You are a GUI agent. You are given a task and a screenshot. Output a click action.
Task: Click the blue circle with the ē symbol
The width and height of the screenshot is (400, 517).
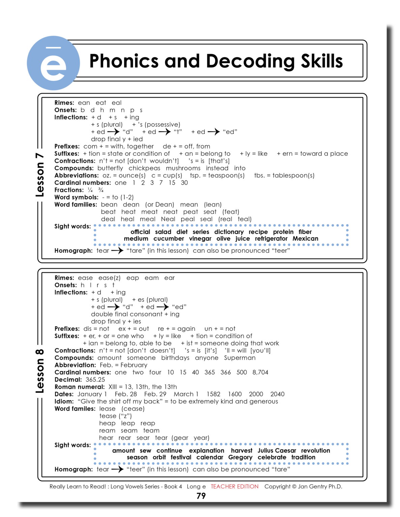point(53,63)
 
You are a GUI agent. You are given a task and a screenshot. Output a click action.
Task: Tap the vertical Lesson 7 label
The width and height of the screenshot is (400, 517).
point(40,175)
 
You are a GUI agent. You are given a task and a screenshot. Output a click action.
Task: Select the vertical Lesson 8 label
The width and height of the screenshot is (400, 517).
point(40,371)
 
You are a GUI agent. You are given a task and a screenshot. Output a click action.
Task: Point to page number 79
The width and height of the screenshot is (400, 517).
point(201,496)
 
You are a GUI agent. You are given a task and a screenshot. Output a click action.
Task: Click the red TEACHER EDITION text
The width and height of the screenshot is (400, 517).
point(235,486)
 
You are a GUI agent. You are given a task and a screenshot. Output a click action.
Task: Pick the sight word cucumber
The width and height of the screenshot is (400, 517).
point(168,239)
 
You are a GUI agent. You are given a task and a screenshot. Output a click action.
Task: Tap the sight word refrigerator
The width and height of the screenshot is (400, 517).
point(271,239)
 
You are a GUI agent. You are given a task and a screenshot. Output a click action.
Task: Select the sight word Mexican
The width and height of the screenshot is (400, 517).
point(305,239)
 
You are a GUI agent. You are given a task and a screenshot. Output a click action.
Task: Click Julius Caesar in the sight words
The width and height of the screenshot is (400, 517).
point(277,450)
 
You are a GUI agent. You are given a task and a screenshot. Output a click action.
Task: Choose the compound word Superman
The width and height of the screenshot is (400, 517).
point(240,358)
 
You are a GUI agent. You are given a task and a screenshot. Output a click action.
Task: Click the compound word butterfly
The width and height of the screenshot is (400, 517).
point(110,168)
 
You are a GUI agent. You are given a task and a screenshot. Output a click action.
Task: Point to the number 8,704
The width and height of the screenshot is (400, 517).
point(260,372)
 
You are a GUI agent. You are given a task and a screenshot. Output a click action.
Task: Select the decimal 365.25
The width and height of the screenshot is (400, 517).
point(95,379)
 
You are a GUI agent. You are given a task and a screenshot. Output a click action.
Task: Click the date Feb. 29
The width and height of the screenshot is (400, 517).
point(155,394)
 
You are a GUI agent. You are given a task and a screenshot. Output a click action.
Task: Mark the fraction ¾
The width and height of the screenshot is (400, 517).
point(100,190)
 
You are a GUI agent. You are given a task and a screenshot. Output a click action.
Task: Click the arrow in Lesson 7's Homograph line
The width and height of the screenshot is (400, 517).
point(117,250)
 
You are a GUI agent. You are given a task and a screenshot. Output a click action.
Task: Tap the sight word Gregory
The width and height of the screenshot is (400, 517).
point(240,457)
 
